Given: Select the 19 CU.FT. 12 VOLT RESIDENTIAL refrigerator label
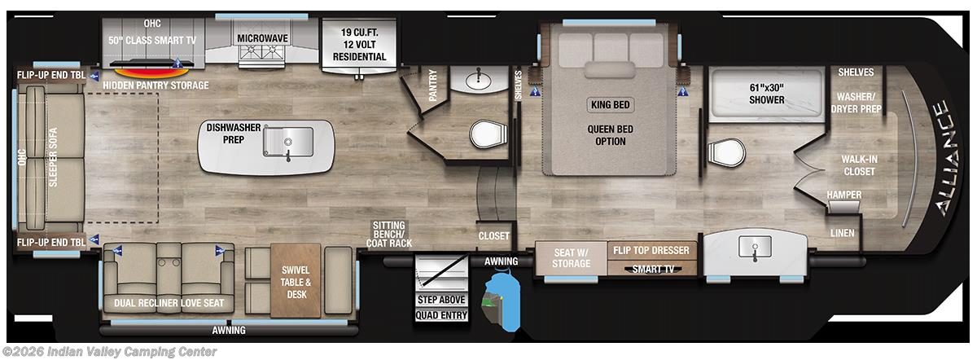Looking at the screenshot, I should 359,45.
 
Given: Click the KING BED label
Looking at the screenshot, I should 610,104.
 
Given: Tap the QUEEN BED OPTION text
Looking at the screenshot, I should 610,135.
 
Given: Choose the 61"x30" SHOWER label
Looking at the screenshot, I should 766,94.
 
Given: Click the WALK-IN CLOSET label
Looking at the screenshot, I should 859,165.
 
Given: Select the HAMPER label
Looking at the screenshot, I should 843,195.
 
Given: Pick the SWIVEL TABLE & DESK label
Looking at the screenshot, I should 296,282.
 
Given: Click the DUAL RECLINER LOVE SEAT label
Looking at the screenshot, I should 169,303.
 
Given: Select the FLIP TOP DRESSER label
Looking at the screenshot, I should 651,250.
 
